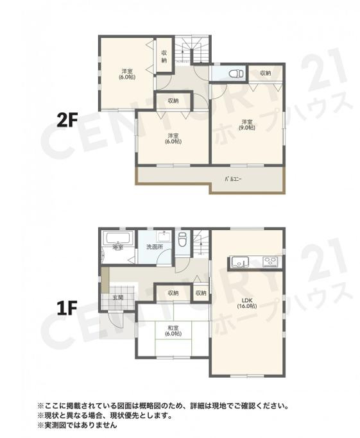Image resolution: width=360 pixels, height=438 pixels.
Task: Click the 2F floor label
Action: [x=67, y=119]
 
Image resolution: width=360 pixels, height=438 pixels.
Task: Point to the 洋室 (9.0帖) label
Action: [x=248, y=124]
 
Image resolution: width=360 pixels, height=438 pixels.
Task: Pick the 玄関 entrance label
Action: [x=119, y=298]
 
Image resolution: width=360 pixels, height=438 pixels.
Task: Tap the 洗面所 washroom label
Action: [x=154, y=247]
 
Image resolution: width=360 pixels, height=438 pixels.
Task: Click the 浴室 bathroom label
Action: [x=117, y=247]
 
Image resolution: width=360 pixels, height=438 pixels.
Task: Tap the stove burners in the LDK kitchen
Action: [x=270, y=260]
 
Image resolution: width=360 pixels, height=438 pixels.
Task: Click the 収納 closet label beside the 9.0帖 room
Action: [x=265, y=74]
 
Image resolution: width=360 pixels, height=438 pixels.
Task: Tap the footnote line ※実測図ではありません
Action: [x=77, y=425]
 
